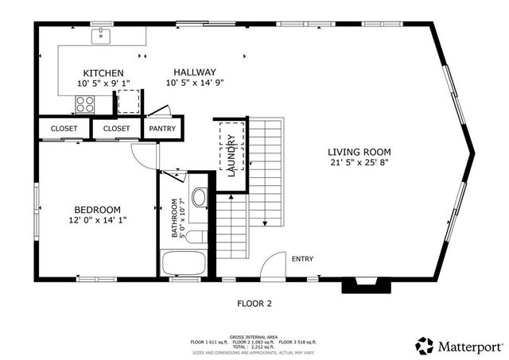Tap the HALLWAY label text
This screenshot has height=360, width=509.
tap(195, 73)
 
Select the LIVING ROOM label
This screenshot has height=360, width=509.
tap(360, 152)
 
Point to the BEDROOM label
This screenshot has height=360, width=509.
tap(97, 210)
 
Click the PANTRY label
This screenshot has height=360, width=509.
tap(163, 128)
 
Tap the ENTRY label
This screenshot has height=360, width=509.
tap(302, 259)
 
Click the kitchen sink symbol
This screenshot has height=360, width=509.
tap(102, 35)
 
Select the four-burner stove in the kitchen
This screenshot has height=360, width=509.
tap(85, 103)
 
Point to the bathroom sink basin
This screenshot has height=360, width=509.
tap(199, 197)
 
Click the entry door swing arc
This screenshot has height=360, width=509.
tap(273, 265)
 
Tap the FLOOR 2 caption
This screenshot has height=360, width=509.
tap(254, 303)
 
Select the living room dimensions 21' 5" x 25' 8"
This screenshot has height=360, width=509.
tap(360, 163)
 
